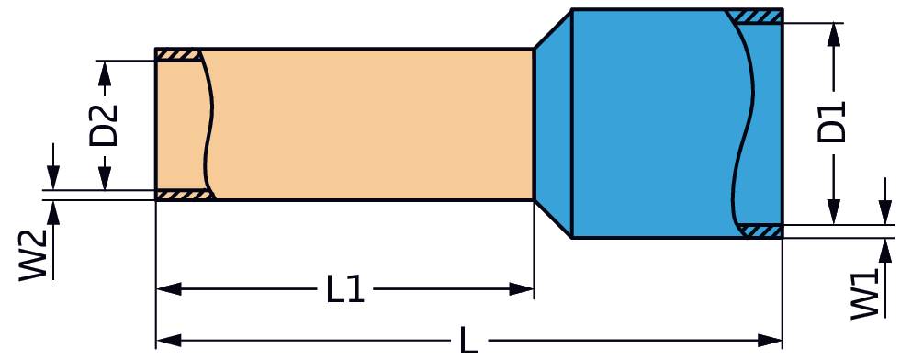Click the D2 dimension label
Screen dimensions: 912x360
point(104,125)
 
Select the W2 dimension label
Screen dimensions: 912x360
point(34,254)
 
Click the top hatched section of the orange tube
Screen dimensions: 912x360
point(177,55)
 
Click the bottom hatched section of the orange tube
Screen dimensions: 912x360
point(184,196)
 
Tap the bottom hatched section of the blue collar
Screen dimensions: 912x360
point(760,231)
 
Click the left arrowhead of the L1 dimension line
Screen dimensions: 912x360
point(165,290)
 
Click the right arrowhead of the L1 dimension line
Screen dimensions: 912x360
point(524,290)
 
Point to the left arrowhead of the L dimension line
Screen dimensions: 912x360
point(165,341)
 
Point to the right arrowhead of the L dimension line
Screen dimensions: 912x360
point(772,341)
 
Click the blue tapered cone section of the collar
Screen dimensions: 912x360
point(553,124)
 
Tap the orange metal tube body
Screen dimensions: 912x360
point(367,124)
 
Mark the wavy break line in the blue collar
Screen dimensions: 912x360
point(746,124)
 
